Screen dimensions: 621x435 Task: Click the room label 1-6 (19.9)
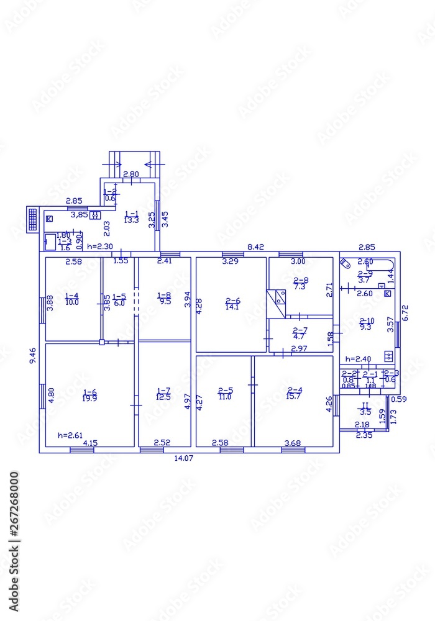pos(90,395)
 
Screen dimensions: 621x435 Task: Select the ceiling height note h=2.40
pos(357,359)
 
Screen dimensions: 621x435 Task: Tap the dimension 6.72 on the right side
pos(405,312)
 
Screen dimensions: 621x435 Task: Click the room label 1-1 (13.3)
pos(130,216)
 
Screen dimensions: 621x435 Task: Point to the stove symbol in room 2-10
pos(388,356)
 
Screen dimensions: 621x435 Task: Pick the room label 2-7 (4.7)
pos(300,333)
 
